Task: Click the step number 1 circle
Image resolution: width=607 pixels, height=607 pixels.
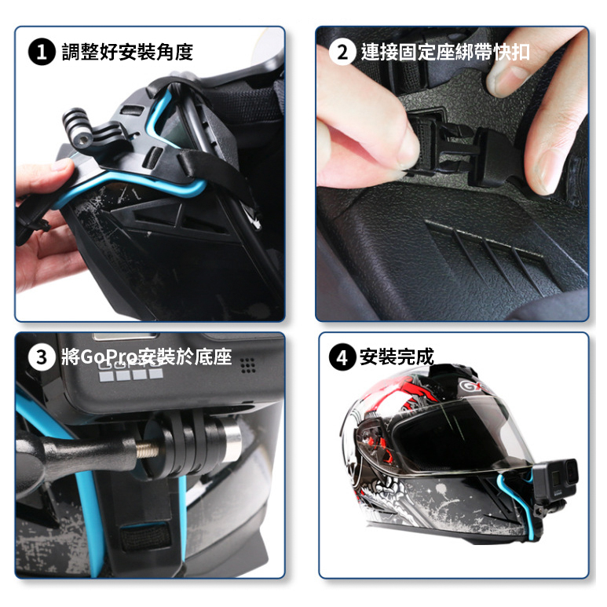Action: coord(42,53)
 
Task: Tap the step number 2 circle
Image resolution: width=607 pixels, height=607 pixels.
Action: coord(342,52)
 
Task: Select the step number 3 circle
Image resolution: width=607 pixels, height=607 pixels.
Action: coord(42,357)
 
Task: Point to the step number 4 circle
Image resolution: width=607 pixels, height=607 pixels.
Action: coord(342,357)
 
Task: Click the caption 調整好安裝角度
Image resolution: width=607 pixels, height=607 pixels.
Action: coord(127,53)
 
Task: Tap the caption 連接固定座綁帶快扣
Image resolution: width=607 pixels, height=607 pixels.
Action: coord(445,52)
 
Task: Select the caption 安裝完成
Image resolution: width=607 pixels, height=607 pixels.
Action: coord(397,357)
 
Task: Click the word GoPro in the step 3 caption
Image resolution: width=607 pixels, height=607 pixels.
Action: coord(109,357)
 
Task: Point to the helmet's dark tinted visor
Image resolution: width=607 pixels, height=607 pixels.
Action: coord(453,436)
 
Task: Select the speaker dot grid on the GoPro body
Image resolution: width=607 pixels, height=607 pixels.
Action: coord(248,365)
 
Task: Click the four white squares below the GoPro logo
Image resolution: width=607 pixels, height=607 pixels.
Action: coord(131,374)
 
